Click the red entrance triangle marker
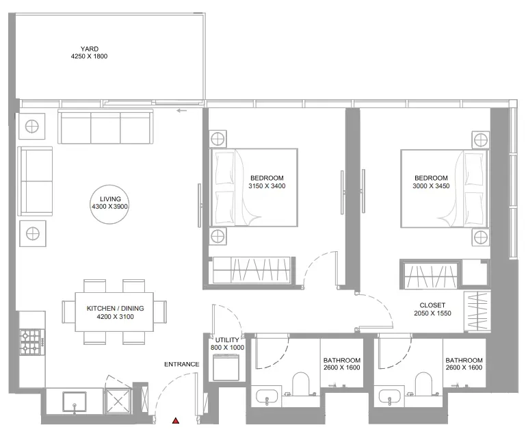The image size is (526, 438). click(x=175, y=420)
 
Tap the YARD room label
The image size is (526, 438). click(x=90, y=49)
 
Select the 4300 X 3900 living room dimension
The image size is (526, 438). click(x=110, y=207)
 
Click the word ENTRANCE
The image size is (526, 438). click(x=182, y=364)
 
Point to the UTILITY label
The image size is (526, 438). click(x=227, y=340)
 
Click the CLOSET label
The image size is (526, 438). click(x=432, y=305)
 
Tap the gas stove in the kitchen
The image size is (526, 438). click(x=31, y=342)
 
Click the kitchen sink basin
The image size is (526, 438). click(x=74, y=402)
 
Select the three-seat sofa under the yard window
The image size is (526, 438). click(x=105, y=127)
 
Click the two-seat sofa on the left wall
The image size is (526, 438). click(x=36, y=181)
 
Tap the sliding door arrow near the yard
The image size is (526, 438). click(x=182, y=110)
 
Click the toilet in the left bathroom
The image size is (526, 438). click(x=300, y=385)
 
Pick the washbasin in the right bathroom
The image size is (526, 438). click(x=390, y=398)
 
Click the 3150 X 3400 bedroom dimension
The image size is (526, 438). click(x=267, y=186)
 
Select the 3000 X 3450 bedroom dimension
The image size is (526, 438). click(x=431, y=186)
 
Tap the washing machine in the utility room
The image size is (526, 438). click(x=226, y=368)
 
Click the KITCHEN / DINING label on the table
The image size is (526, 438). click(x=115, y=308)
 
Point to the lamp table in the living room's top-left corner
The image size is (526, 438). click(x=32, y=127)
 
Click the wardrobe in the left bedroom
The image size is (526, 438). click(x=251, y=270)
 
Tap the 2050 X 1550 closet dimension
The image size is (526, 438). click(x=432, y=313)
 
